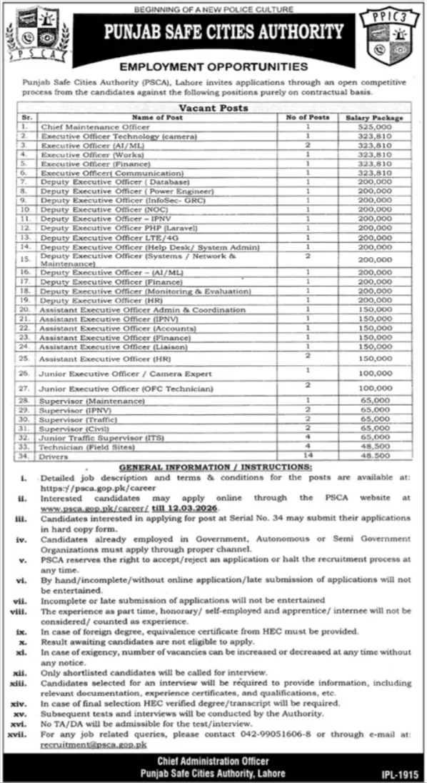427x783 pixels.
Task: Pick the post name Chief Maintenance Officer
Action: pos(85,126)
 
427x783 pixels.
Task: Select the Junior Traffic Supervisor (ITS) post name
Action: pos(99,437)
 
